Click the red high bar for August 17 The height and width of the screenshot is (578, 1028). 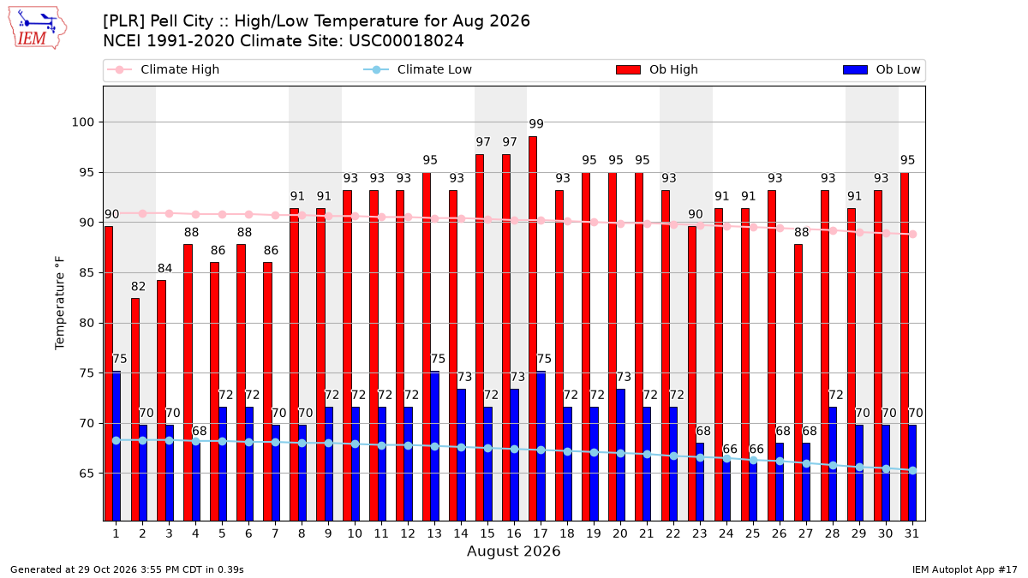(x=533, y=329)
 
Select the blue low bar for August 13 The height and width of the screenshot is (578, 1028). (x=434, y=446)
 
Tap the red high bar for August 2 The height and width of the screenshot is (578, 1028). (x=135, y=409)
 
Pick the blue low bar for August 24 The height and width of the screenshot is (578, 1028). (x=726, y=491)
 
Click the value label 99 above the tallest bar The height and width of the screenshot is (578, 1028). (x=536, y=124)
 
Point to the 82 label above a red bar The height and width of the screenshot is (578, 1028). (x=138, y=287)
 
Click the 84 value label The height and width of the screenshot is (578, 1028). (x=164, y=268)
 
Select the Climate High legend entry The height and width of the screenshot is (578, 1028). (x=163, y=69)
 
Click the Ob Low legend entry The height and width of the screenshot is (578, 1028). (x=882, y=69)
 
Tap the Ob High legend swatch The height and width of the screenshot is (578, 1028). (x=628, y=69)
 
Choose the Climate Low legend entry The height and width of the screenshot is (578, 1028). (x=417, y=69)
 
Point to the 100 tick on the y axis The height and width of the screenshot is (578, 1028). (x=82, y=122)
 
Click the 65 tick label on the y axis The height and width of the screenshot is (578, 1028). (x=87, y=474)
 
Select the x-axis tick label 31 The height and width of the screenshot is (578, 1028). (x=911, y=534)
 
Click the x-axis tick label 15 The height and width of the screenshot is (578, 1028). (x=487, y=534)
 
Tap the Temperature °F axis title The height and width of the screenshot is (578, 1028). (x=60, y=303)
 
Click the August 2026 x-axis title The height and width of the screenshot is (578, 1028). (x=513, y=551)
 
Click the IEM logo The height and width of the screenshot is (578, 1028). (x=37, y=28)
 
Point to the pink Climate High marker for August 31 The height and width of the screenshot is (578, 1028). (x=913, y=235)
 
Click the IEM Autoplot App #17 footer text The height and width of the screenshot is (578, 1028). (x=965, y=569)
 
